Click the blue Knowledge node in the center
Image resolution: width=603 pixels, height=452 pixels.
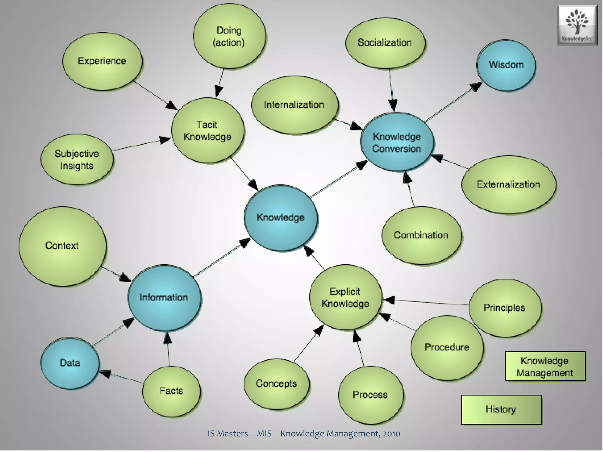[x=281, y=218]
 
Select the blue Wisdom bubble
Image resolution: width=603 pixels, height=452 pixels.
[x=506, y=65]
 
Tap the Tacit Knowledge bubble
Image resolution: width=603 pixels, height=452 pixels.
[x=208, y=131]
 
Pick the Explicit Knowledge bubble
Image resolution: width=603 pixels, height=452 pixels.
[x=345, y=297]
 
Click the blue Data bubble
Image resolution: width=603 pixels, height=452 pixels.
[x=70, y=363]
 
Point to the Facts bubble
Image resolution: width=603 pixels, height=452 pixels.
[x=171, y=391]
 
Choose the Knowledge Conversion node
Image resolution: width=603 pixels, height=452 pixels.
[x=397, y=142]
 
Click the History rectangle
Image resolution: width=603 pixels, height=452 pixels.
[x=501, y=409]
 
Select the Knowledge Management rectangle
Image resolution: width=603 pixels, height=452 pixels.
[x=545, y=366]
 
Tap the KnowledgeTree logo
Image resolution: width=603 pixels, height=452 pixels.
[x=577, y=25]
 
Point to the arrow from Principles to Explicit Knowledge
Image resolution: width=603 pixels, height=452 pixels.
[x=427, y=302]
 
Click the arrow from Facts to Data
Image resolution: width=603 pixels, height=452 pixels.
[x=124, y=378]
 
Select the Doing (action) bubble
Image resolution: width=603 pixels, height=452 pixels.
[x=229, y=36]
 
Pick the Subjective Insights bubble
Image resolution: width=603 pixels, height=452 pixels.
[x=77, y=159]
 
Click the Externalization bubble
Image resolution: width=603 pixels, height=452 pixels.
[x=508, y=185]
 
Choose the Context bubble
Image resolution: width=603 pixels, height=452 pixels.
[x=62, y=246]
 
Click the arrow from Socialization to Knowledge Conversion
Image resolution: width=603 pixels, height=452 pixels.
[x=391, y=88]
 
